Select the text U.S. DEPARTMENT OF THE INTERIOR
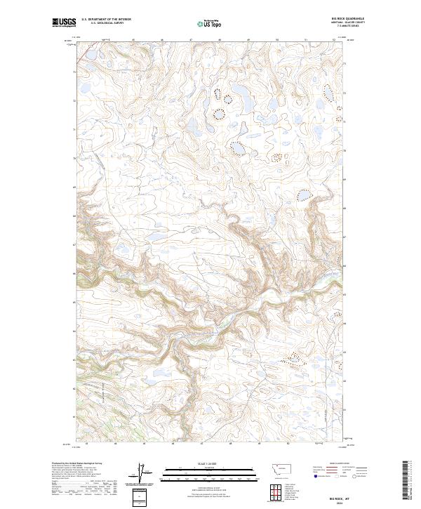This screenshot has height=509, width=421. pyautogui.click(x=106, y=20)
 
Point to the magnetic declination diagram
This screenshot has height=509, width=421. pyautogui.click(x=140, y=472)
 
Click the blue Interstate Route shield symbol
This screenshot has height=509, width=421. pyautogui.click(x=315, y=475)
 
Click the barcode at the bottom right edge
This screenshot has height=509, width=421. pyautogui.click(x=406, y=480)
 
